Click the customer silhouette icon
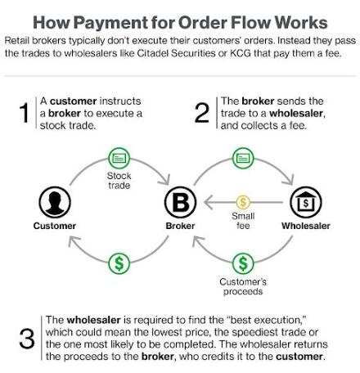point(55,202)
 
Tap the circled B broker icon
point(180,202)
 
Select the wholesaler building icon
point(306,202)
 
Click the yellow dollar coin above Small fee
point(243,202)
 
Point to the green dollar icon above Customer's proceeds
point(243,263)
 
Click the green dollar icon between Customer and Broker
point(119,263)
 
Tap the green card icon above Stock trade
point(119,158)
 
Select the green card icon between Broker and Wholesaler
point(243,158)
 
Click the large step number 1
point(24,113)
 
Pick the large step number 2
point(202,113)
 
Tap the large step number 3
point(27,339)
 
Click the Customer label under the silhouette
point(55,226)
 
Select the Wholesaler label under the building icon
point(306,226)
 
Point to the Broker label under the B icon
point(180,226)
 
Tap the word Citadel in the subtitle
point(153,53)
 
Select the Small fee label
point(243,221)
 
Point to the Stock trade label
point(119,181)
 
